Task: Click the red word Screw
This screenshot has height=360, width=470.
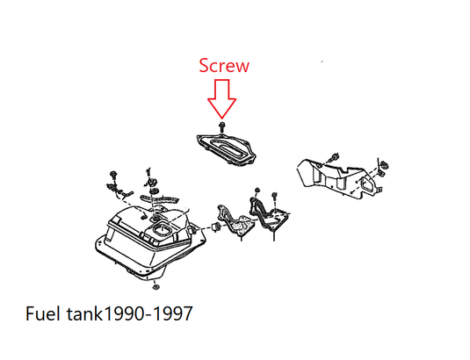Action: [x=224, y=66]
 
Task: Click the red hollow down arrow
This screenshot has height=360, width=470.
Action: [x=221, y=98]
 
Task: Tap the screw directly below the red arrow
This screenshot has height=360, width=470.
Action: [x=221, y=127]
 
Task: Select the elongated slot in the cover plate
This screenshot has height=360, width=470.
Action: [x=228, y=147]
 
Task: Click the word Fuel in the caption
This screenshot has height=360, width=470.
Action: [x=42, y=313]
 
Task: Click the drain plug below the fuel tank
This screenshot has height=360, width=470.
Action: [x=155, y=287]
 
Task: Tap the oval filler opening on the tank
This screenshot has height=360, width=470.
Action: [x=162, y=230]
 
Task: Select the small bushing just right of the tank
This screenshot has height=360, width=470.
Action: [x=215, y=227]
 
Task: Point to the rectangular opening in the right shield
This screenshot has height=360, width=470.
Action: [x=368, y=184]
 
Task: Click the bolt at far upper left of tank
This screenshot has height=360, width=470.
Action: [x=113, y=175]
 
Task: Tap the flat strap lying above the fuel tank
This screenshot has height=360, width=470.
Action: [x=160, y=198]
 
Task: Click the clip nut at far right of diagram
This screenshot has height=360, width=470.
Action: [x=384, y=165]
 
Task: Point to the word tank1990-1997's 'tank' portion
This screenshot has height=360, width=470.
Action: [x=85, y=313]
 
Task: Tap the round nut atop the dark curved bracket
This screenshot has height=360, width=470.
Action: [x=257, y=191]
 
